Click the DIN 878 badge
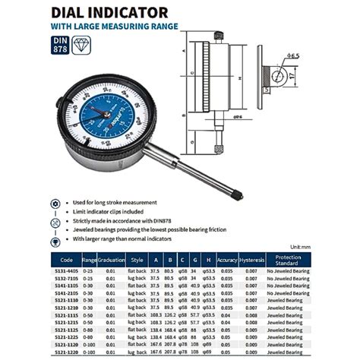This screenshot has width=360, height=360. point(59,44)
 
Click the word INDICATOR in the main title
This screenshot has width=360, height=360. point(128,12)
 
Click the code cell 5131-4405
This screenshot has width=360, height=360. point(66,271)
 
